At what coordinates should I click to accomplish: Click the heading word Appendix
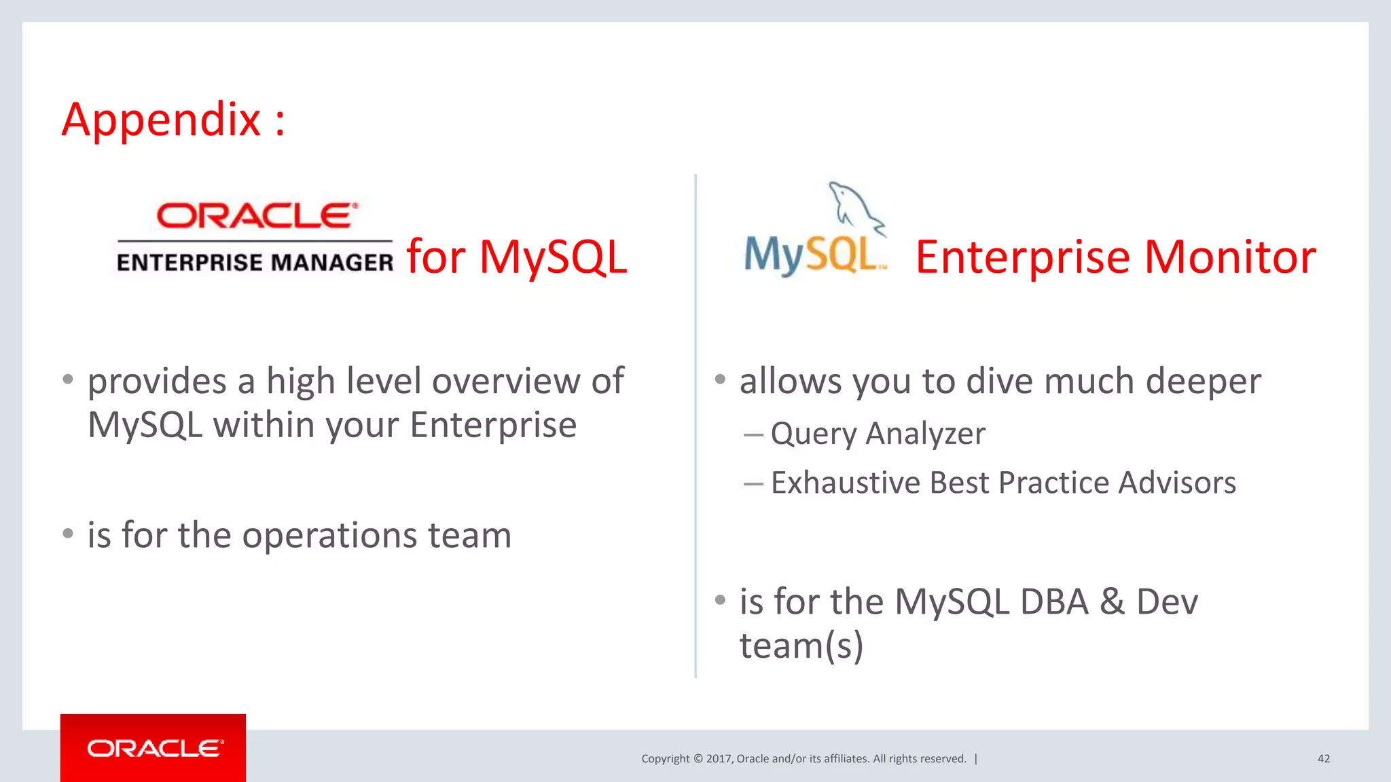pos(161,120)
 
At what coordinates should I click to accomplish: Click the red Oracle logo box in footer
pos(153,747)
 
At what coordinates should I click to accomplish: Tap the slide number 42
pos(1323,759)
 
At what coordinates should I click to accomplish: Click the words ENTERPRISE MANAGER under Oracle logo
pos(255,263)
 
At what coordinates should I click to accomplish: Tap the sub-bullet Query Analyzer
pos(878,434)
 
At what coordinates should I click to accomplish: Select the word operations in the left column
pos(329,536)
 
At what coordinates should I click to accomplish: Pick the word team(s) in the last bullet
pos(801,646)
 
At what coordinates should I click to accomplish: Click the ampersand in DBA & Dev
pos(1112,602)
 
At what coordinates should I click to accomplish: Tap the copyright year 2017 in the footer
pos(719,759)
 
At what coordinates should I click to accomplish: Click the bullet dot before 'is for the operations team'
pos(68,534)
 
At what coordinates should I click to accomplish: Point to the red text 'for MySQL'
pos(517,257)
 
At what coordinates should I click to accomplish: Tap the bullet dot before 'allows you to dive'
pos(720,379)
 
